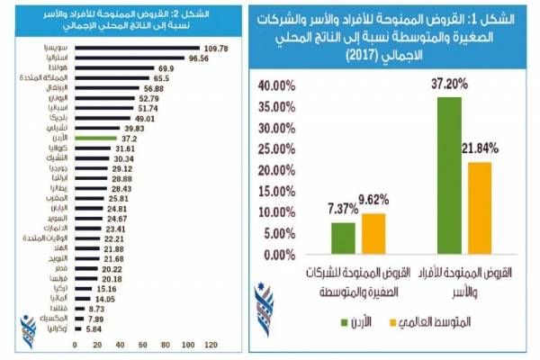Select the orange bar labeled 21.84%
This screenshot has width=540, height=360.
tap(480, 208)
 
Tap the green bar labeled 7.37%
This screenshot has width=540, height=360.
tap(343, 238)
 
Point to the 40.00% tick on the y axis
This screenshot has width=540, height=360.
tap(275, 86)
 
